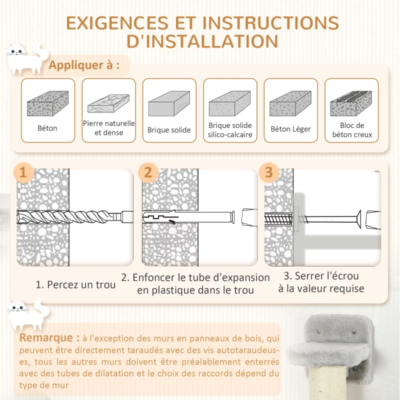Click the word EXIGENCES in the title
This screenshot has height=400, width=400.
tap(117, 23)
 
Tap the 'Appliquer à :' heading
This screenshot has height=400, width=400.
tap(84, 65)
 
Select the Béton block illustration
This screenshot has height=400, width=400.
tap(48, 103)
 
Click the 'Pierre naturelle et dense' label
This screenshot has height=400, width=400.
tap(109, 128)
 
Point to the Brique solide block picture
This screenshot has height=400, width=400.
tap(169, 103)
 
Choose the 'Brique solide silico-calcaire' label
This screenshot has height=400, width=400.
tap(230, 130)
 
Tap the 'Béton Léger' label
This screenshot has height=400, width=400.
tap(291, 129)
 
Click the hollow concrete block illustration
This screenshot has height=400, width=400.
tap(351, 103)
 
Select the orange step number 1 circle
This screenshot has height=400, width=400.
tap(23, 172)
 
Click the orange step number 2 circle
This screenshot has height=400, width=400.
tap(148, 172)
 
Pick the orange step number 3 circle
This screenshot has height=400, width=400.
tap(269, 172)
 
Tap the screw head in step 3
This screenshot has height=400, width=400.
tap(358, 218)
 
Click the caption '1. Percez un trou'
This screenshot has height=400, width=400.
tap(75, 284)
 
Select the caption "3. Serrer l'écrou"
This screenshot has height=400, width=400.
tap(321, 276)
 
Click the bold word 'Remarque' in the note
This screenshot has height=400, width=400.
tap(46, 338)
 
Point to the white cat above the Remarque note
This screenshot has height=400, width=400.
tap(28, 315)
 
